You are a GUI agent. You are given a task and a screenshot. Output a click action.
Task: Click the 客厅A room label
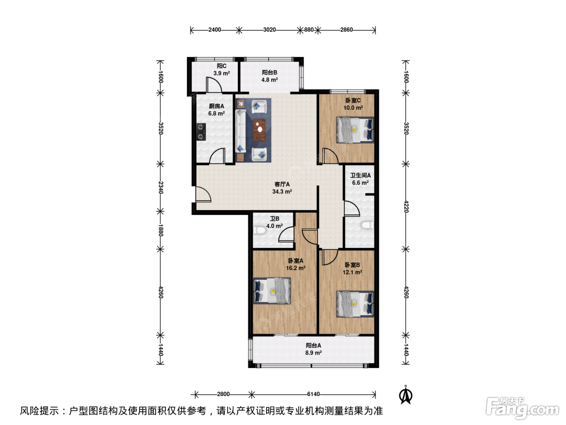[x=282, y=184]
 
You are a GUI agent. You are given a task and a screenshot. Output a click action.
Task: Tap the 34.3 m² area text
[x=282, y=191]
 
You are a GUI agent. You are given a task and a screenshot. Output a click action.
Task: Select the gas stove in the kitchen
[x=201, y=132]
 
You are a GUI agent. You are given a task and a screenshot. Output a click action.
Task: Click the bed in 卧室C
[x=355, y=130]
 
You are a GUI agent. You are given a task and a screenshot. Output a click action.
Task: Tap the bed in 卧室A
[x=272, y=291]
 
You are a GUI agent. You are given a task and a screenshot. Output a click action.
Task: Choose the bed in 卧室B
[x=355, y=304]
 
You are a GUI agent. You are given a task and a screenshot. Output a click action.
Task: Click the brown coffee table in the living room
[x=259, y=130]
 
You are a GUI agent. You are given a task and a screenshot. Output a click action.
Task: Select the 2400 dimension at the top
[x=215, y=30]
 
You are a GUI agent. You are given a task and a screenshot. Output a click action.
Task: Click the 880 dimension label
[x=308, y=30]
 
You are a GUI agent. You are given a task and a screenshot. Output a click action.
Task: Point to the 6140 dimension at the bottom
[x=313, y=394]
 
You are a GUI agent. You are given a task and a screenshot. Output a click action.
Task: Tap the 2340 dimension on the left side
[x=161, y=187]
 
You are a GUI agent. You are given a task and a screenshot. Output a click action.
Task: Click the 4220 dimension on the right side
[x=406, y=206]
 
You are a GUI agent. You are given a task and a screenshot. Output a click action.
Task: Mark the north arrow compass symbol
[x=405, y=395]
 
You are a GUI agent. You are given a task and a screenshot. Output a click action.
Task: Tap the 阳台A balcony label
[x=313, y=345]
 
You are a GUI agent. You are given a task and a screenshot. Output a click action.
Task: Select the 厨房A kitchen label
[x=216, y=106]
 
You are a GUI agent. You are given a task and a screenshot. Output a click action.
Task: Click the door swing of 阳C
[x=214, y=84]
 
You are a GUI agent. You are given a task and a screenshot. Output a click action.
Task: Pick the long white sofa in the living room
[x=240, y=131]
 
